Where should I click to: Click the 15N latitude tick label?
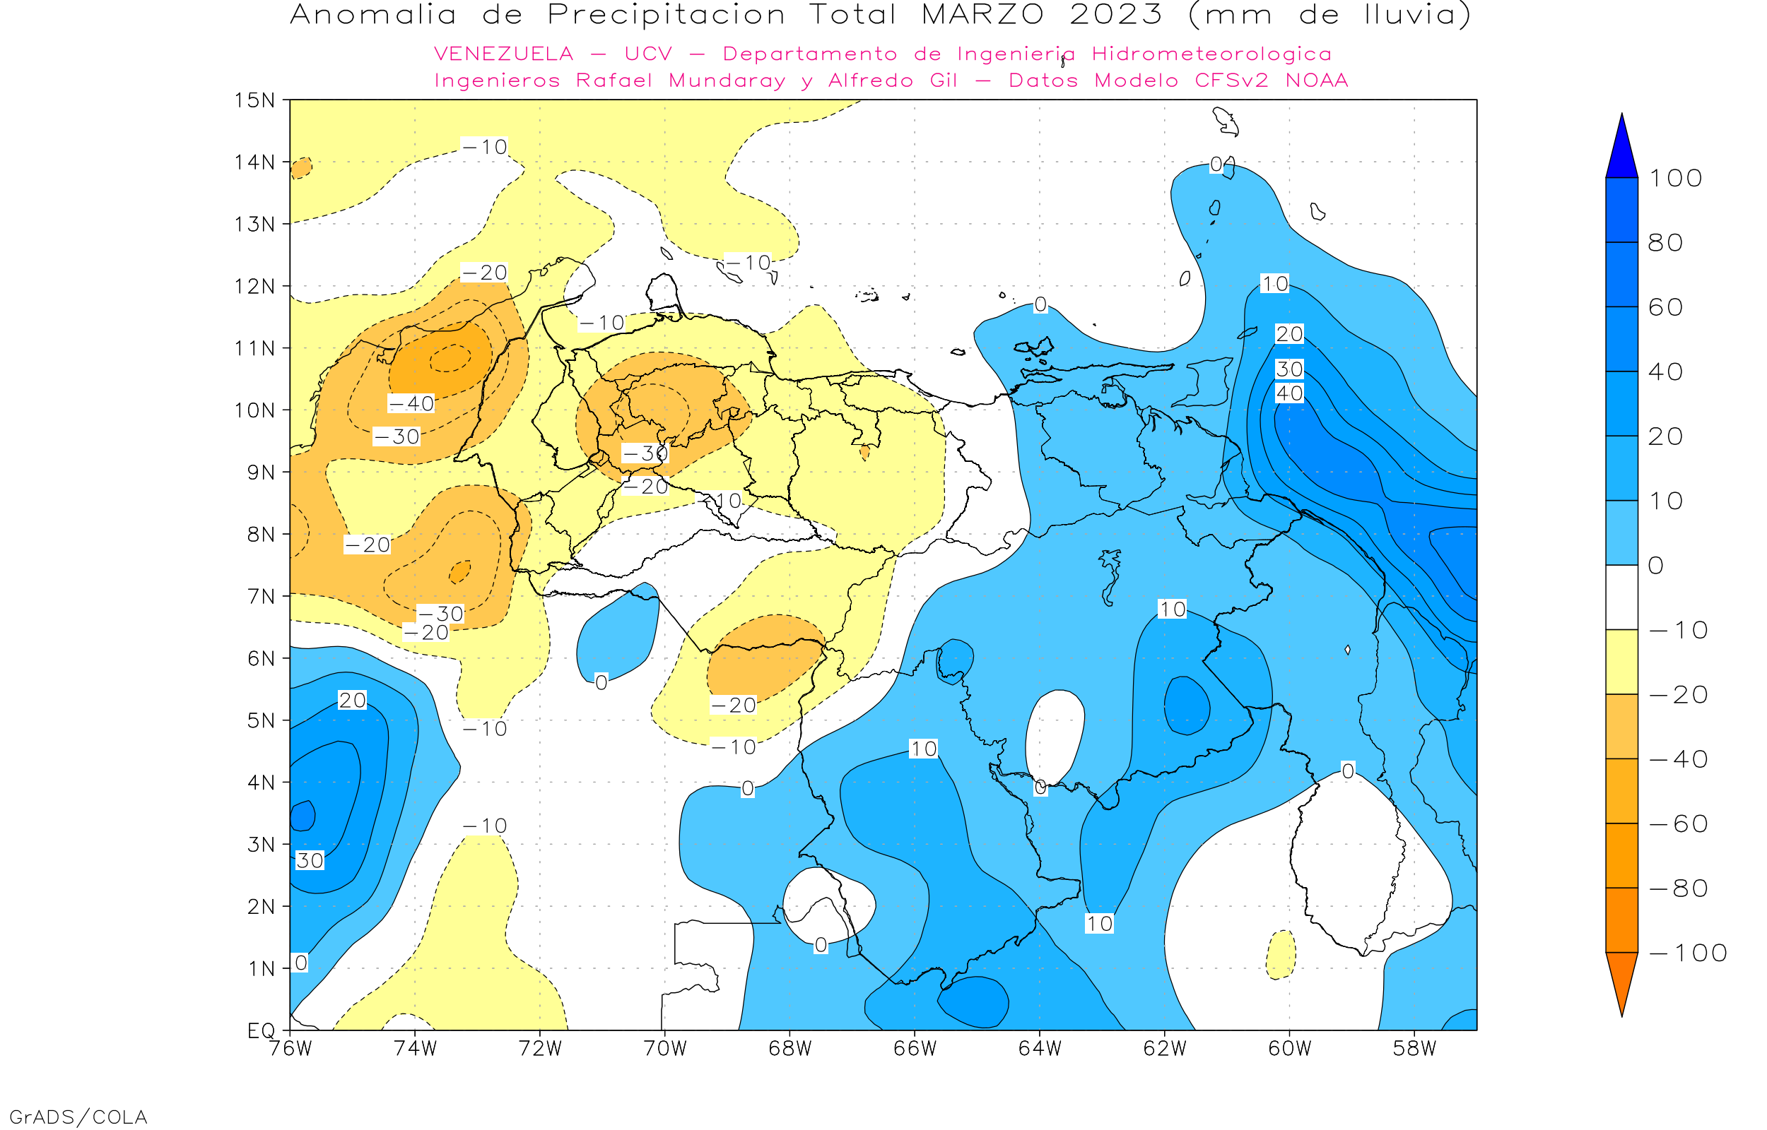click(254, 100)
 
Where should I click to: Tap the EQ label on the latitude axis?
click(261, 1030)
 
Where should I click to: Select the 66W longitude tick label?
click(915, 1049)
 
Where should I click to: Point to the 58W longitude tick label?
click(1414, 1049)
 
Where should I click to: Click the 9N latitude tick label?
click(261, 472)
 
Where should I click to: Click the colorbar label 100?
click(1675, 178)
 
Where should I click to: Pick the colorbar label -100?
click(1688, 953)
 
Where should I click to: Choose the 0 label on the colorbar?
click(1656, 566)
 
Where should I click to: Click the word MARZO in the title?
click(982, 15)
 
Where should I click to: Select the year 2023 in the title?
click(1116, 15)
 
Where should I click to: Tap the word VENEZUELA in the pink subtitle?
click(504, 54)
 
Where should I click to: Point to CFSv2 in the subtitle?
click(1231, 81)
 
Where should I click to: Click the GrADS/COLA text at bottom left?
click(78, 1117)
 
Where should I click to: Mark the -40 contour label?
click(411, 403)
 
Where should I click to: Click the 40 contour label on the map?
click(1289, 393)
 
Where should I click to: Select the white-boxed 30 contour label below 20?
click(1289, 369)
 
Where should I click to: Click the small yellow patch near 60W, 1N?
click(1281, 955)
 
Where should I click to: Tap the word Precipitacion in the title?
click(666, 15)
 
